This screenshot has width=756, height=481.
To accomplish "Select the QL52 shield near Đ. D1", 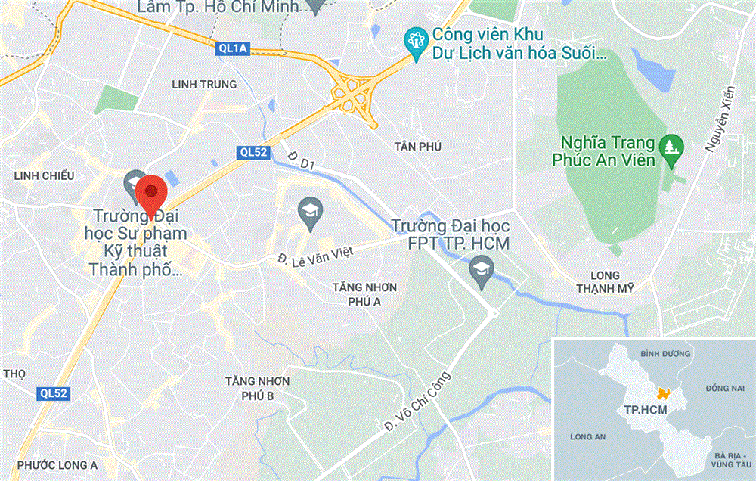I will pos(253,152).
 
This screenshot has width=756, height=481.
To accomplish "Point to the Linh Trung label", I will pos(204,85).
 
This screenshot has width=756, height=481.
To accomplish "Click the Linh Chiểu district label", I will pos(45,175).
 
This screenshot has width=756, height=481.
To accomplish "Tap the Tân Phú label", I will pos(417,146).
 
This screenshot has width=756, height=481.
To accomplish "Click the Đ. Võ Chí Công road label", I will pos(417,400).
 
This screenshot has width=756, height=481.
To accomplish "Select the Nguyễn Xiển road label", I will pos(720,122).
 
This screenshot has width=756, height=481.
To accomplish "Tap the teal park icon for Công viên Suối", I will pos(415,38).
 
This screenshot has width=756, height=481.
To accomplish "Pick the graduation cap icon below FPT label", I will pos(479,269).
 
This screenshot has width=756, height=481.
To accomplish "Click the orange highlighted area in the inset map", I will pos(664,393).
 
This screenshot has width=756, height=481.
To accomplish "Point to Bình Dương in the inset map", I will pos(660,353).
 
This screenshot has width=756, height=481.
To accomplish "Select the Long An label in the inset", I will pos(589,437).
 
